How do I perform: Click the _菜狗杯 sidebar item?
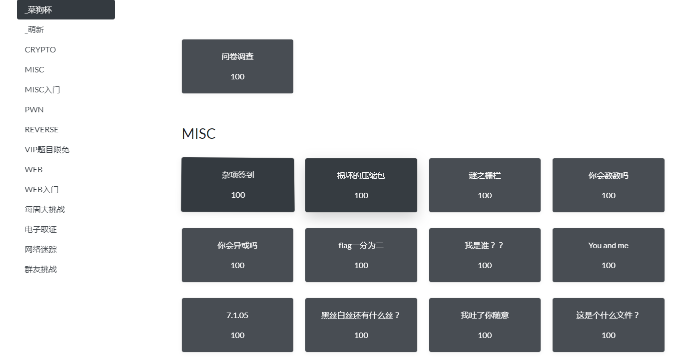point(65,10)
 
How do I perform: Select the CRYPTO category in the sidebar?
point(40,49)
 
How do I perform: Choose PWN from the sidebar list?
point(34,109)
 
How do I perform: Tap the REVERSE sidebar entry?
point(41,129)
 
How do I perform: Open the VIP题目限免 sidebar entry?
point(47,149)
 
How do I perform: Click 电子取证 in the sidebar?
point(41,229)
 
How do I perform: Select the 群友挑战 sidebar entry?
point(41,269)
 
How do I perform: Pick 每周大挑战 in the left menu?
point(45,209)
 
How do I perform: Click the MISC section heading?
point(198,134)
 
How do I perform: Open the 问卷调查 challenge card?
point(237,66)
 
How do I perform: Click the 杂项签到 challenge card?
point(237,185)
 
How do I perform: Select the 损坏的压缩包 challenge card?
point(361,185)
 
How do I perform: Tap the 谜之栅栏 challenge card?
point(485,185)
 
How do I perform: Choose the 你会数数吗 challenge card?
point(608,185)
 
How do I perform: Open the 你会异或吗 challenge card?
point(237,255)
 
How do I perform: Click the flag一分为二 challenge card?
point(361,255)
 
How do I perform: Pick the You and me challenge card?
point(608,255)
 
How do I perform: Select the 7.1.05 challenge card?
point(237,325)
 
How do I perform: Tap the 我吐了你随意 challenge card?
point(485,325)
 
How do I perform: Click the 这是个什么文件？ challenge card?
point(608,325)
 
